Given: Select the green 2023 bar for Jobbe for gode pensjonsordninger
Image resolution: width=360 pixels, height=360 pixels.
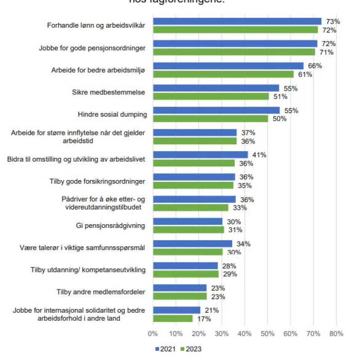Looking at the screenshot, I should [234, 52].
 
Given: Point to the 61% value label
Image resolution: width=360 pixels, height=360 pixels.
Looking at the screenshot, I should [304, 74].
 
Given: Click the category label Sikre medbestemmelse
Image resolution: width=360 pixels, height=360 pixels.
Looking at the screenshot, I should [108, 92].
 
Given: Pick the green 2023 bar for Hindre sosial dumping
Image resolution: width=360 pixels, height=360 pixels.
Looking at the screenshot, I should [210, 119].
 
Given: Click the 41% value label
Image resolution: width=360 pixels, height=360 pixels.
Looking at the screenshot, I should [259, 155].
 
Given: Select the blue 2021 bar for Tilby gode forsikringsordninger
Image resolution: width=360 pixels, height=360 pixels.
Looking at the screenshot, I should [194, 177].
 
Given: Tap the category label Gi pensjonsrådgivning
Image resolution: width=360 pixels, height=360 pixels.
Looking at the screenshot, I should [110, 226].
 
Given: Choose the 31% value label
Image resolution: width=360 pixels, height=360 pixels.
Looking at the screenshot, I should [235, 230].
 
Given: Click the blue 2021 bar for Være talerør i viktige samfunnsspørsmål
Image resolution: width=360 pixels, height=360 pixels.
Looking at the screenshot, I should [192, 244].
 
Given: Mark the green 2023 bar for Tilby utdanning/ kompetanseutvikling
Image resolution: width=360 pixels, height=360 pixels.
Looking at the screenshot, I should [186, 274].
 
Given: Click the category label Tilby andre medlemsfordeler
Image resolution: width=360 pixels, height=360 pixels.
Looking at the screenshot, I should [101, 292].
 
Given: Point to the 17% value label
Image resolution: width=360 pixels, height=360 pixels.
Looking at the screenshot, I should [204, 319].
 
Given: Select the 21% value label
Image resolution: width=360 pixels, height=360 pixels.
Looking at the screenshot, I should [211, 310].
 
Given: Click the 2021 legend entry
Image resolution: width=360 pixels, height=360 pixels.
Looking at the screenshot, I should [165, 349].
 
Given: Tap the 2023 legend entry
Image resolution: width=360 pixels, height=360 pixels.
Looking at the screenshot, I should [191, 349].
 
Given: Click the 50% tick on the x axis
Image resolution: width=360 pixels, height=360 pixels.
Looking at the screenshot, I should [267, 333].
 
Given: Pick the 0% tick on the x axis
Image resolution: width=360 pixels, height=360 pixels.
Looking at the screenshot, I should [153, 333].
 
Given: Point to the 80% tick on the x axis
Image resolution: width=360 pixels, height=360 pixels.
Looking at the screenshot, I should [336, 333].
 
